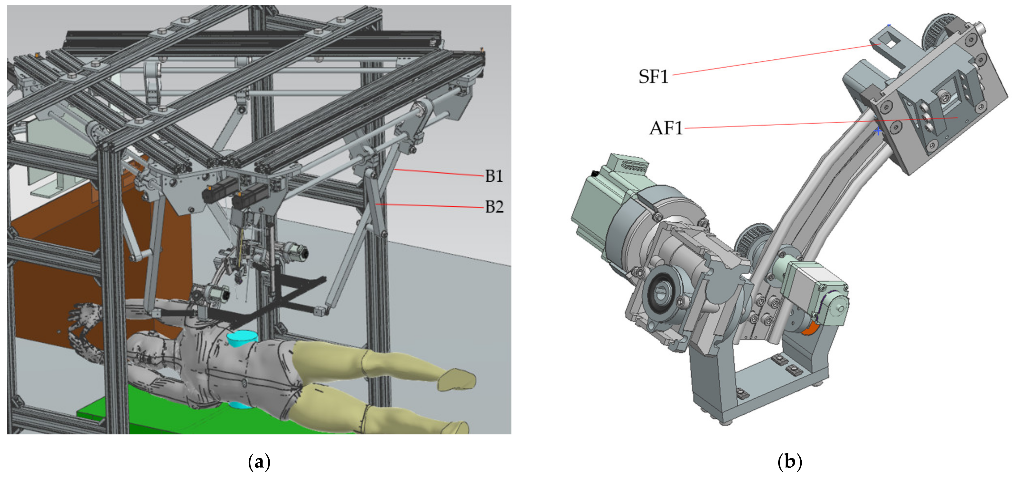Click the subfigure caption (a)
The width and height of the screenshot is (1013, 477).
[259, 462]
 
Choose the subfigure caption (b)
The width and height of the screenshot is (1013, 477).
[790, 462]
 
